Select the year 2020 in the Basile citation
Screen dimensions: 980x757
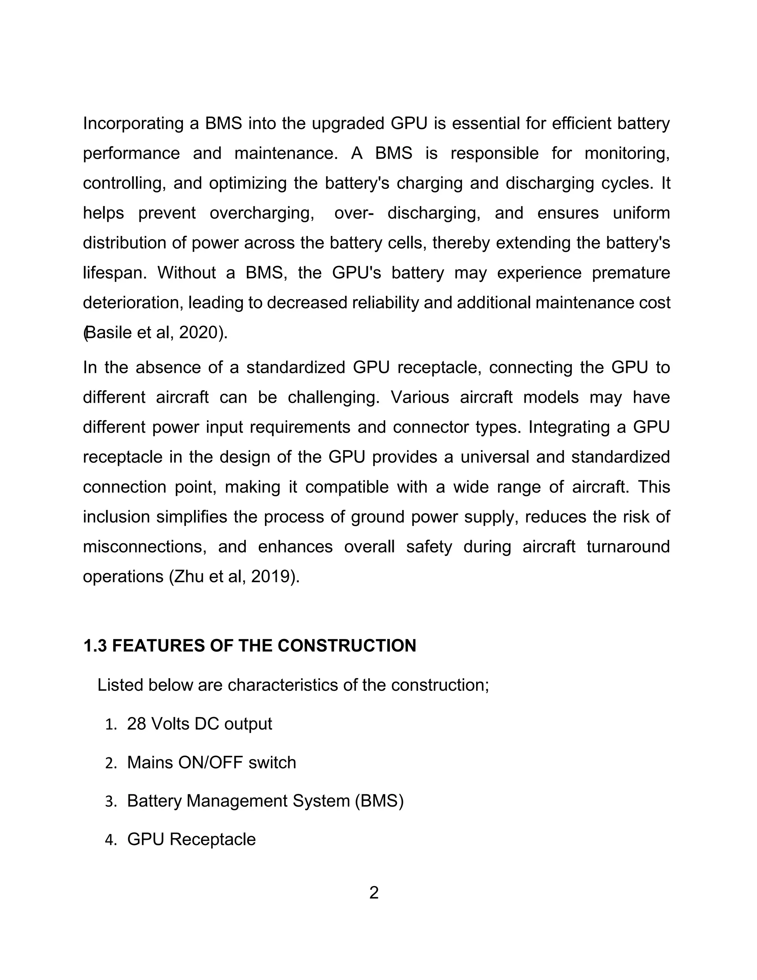tap(198, 333)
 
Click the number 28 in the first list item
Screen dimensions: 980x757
tap(136, 724)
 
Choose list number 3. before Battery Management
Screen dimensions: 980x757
tap(111, 802)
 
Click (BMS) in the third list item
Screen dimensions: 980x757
tap(379, 801)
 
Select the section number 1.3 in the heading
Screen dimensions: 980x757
tap(95, 646)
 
